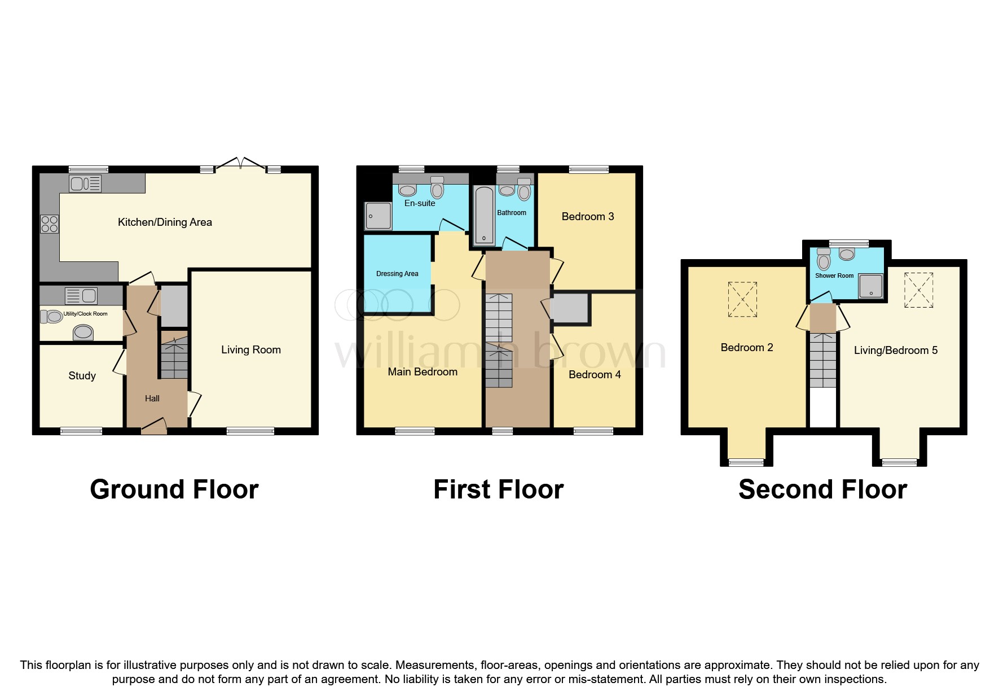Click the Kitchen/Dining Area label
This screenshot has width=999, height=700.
point(165,222)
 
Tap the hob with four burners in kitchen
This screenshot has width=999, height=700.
point(50,224)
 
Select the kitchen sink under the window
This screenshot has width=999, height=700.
point(85,183)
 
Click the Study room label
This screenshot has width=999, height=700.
point(82,376)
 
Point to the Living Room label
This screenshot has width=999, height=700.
point(251,350)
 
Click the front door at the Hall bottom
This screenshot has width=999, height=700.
point(153,427)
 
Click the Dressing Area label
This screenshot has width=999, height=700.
point(397,274)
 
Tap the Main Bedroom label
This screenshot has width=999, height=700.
point(423,372)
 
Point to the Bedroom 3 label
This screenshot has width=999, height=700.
point(588,217)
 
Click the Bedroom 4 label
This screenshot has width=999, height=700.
point(595,375)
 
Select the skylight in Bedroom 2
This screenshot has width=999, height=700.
point(743,300)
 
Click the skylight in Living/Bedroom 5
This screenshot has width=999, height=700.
point(919,290)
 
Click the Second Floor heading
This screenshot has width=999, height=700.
point(822,489)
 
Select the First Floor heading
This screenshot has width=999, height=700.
point(498,489)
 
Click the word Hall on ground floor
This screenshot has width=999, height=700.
point(152,399)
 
